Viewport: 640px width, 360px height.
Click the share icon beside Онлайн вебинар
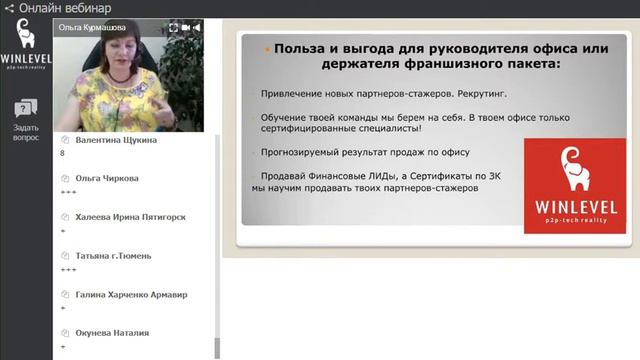click(9, 8)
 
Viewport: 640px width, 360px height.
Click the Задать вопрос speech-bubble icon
click(26, 108)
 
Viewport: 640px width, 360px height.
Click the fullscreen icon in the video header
click(173, 27)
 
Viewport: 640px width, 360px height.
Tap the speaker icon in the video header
click(197, 27)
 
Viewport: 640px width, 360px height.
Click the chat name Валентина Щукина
click(116, 140)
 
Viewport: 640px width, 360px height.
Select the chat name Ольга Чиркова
click(107, 178)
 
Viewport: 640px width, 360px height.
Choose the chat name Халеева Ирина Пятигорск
click(130, 216)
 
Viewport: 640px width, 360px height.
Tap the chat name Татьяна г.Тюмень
click(113, 255)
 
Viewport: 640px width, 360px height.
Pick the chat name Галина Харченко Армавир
click(131, 294)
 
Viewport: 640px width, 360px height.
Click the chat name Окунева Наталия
click(112, 332)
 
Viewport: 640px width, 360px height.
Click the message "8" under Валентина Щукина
click(63, 154)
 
